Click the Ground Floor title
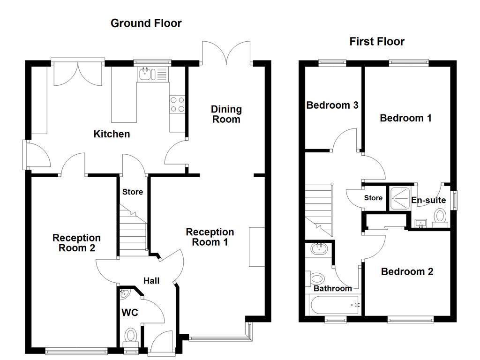[146, 23]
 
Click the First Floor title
[377, 41]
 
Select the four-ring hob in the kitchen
[177, 104]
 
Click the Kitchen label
[112, 135]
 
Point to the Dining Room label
[226, 114]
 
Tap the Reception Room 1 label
[210, 237]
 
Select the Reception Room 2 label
[76, 243]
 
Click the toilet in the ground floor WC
[131, 336]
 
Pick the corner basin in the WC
[124, 293]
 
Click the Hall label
[151, 281]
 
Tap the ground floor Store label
[133, 192]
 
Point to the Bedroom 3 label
[332, 105]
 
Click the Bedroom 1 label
[405, 118]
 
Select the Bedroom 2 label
[407, 271]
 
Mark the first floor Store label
[373, 198]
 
